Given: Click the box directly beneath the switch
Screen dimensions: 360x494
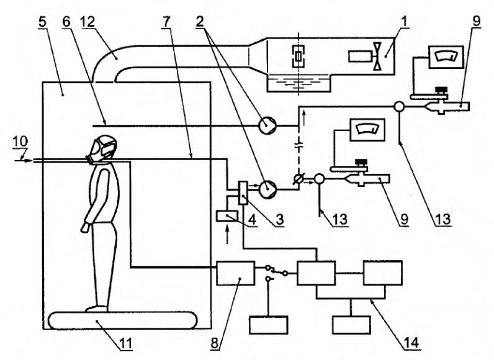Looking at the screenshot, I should coord(268,325).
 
